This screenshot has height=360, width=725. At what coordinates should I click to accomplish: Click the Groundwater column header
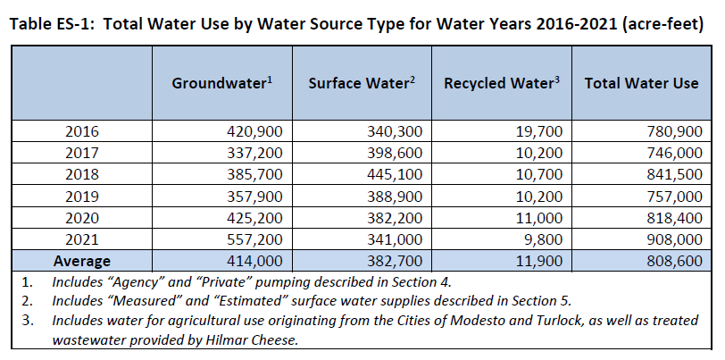click(222, 83)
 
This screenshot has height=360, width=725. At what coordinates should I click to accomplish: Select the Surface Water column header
click(362, 83)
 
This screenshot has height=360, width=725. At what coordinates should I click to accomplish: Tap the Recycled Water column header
click(501, 83)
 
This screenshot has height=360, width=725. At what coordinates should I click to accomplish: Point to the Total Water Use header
click(640, 83)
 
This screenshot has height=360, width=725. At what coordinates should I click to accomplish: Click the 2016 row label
click(82, 131)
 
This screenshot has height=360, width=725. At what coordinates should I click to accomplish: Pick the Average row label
click(82, 261)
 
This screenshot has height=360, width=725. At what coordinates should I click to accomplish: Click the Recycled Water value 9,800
click(542, 239)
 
